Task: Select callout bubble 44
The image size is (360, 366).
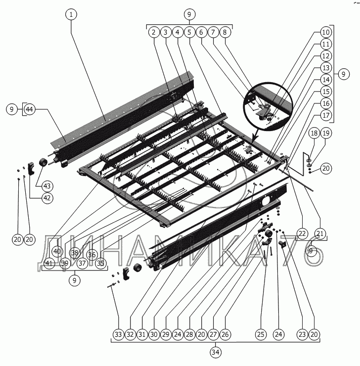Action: point(30,109)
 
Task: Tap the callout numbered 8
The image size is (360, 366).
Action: point(225,32)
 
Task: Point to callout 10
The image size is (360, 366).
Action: point(325,32)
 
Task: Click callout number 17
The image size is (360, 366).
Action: point(325,115)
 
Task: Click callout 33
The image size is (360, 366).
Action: point(118,334)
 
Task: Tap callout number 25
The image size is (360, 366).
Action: point(261,334)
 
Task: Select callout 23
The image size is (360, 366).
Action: point(302,334)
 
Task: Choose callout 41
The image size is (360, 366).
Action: point(48,263)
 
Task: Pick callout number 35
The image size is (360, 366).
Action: point(101,263)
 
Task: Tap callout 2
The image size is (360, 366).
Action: point(154,32)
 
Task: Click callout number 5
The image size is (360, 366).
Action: point(189,32)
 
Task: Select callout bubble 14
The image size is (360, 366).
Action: point(325,80)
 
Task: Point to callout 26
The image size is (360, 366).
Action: point(225,334)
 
